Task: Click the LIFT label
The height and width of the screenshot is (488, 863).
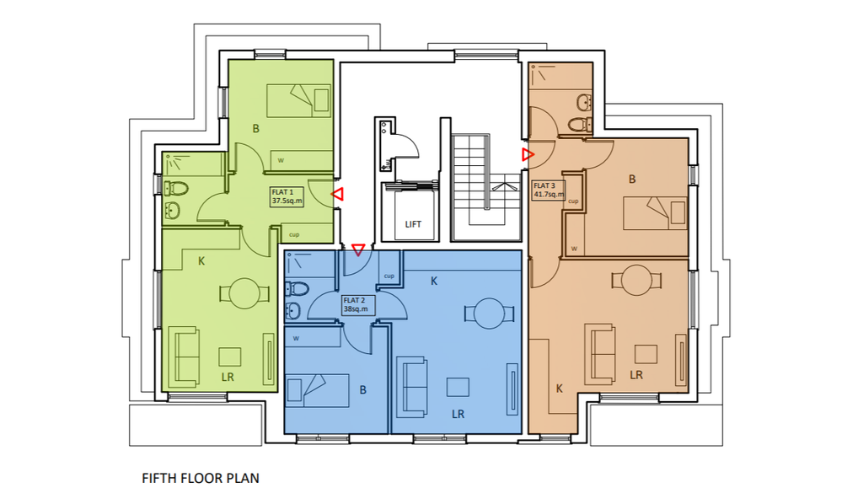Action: click(413, 224)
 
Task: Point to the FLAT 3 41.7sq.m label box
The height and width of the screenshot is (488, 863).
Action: click(548, 190)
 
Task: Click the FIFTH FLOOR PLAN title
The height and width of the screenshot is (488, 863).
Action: click(201, 478)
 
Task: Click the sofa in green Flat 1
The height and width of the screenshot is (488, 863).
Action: click(185, 357)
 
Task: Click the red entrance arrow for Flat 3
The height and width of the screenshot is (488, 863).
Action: click(528, 154)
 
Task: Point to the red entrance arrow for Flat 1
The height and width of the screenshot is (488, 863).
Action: click(337, 195)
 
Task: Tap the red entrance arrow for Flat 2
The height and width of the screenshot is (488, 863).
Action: click(358, 249)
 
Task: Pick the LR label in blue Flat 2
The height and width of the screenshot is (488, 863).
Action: click(458, 414)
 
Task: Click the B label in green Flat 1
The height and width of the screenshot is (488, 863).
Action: click(256, 129)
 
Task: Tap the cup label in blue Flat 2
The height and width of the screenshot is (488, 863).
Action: click(389, 276)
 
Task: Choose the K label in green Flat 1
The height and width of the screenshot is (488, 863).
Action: click(201, 261)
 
